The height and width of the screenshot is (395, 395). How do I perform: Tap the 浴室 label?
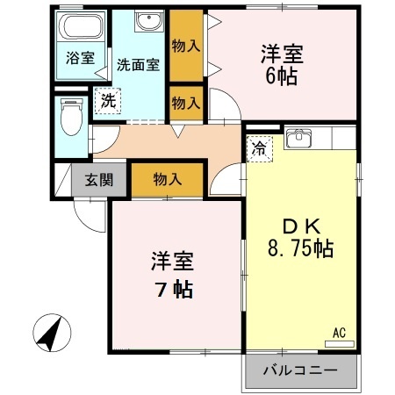pyautogui.click(x=80, y=61)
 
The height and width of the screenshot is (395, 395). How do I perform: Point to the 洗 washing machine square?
pyautogui.click(x=108, y=101)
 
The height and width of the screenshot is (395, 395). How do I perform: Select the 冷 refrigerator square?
pyautogui.click(x=260, y=148)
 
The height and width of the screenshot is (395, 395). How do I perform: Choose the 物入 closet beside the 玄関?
pyautogui.click(x=167, y=180)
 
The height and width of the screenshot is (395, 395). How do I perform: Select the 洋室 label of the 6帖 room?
pyautogui.click(x=282, y=52)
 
